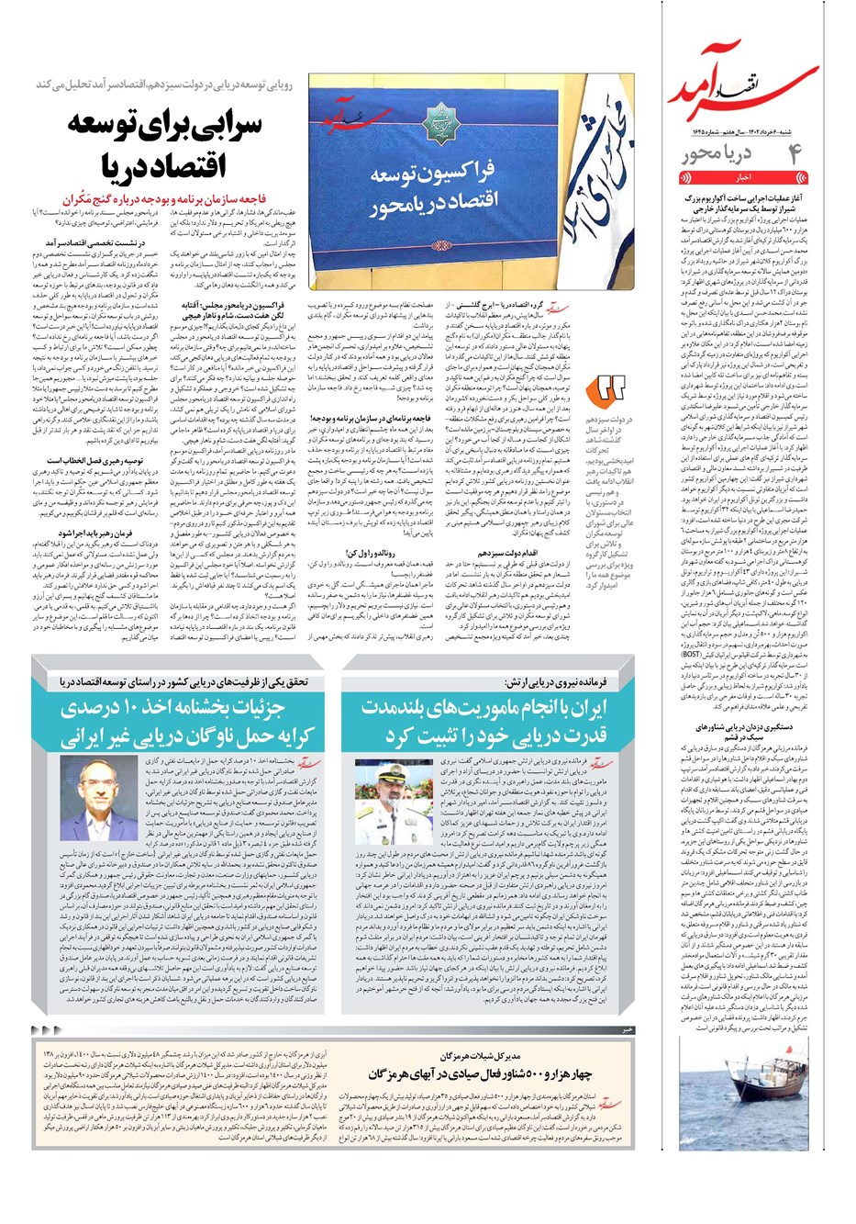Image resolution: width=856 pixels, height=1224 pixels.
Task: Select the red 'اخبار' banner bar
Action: (x=744, y=177)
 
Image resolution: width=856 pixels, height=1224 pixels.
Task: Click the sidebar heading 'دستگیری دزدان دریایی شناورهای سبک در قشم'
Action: (x=742, y=731)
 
